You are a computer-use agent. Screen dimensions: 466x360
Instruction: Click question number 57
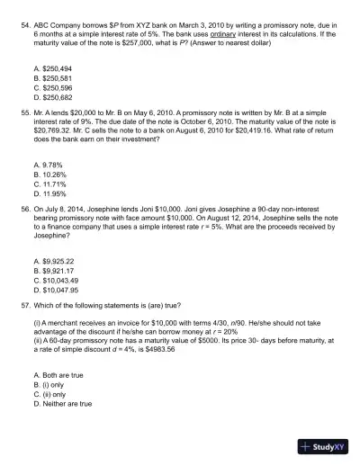click(25, 304)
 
